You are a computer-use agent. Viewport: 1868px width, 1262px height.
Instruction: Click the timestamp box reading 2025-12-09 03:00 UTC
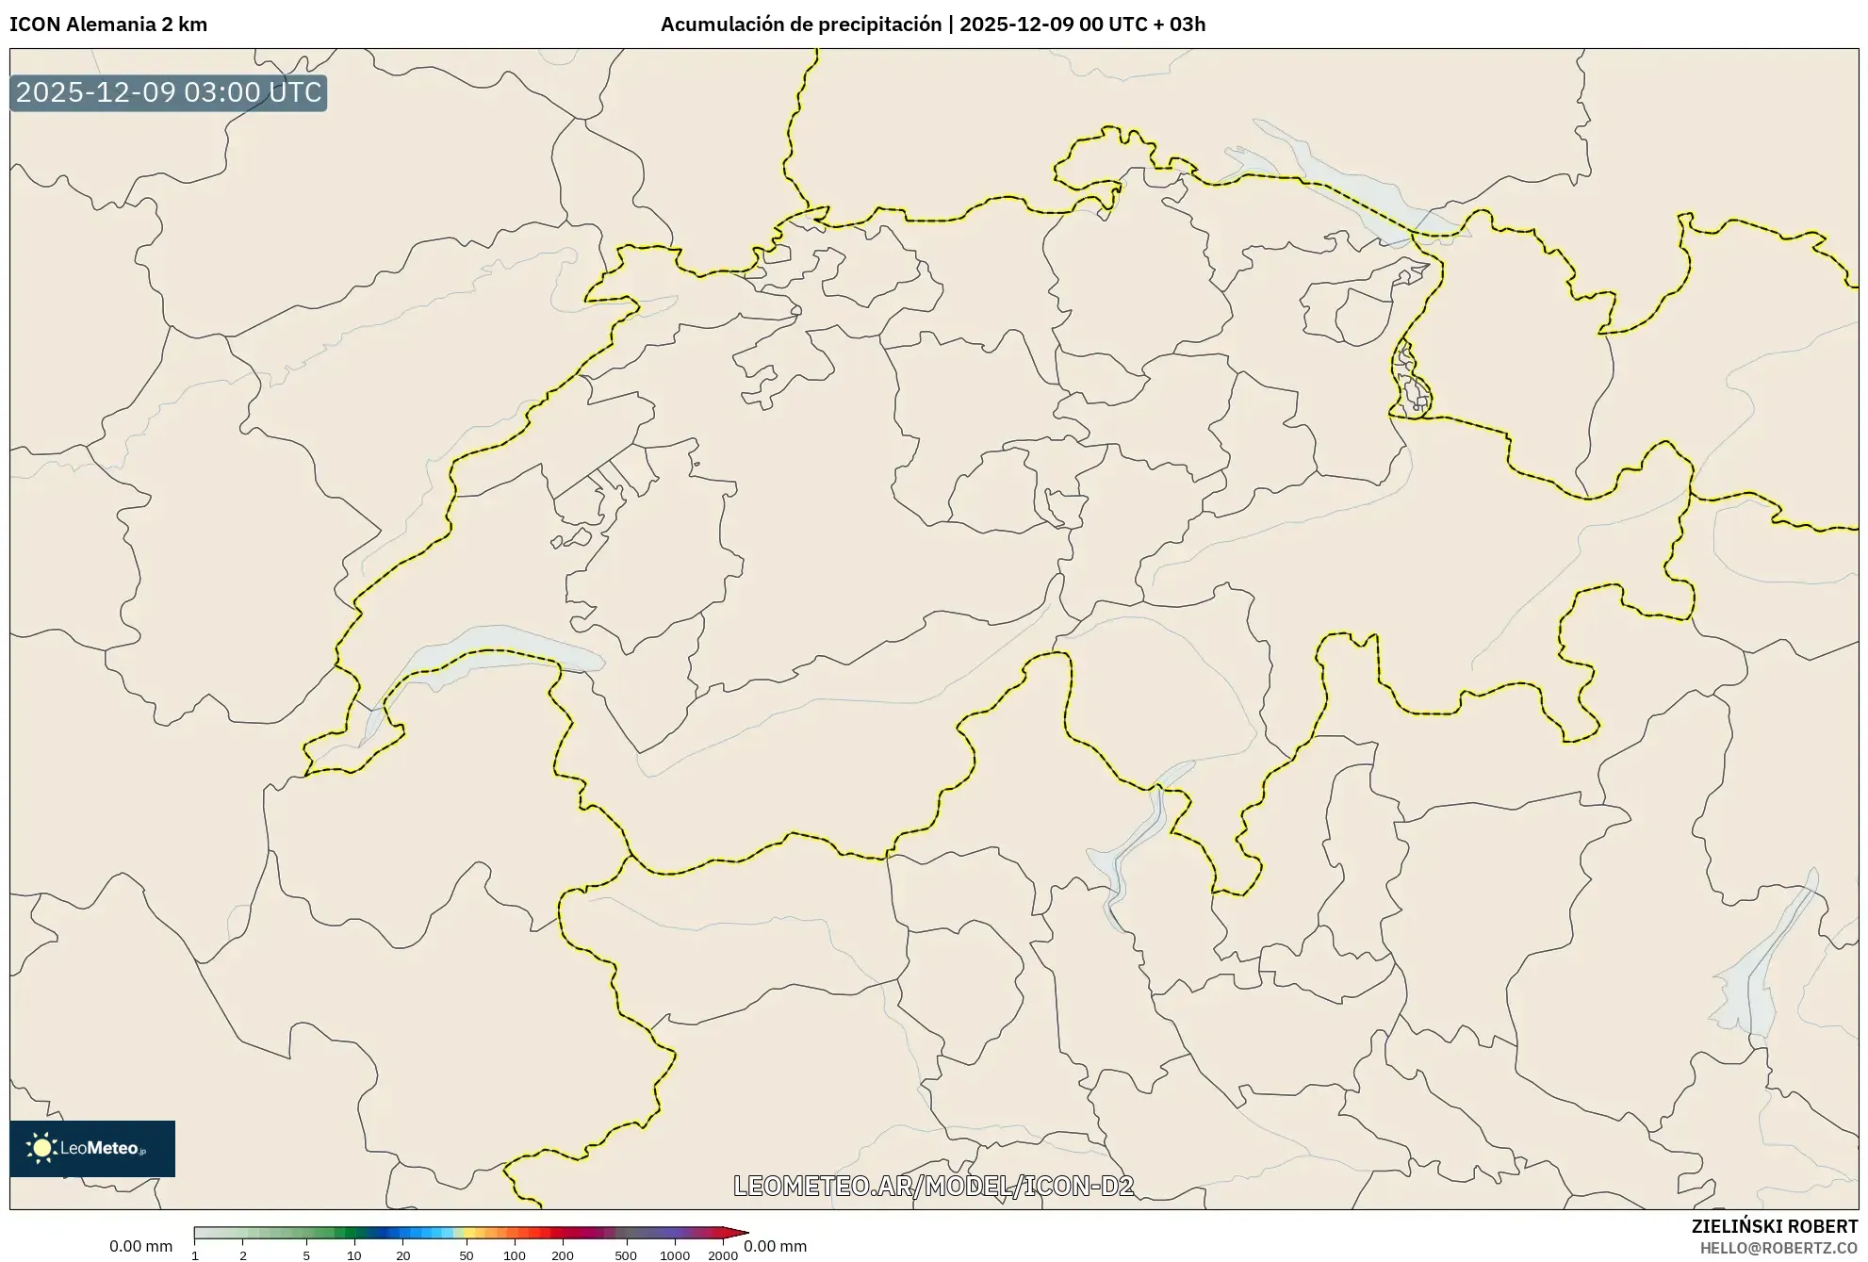(x=169, y=93)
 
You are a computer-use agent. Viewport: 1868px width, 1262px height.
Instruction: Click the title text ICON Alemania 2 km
(x=108, y=25)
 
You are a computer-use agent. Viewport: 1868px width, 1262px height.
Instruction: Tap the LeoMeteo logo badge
(x=92, y=1148)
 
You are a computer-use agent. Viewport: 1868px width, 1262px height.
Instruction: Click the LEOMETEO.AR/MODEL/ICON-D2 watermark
(x=933, y=1186)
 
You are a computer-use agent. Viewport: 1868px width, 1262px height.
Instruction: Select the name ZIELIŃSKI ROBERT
(x=1775, y=1226)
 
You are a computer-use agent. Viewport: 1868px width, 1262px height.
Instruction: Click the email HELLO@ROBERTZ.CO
(x=1778, y=1248)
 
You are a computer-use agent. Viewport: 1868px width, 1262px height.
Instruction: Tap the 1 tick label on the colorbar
(x=195, y=1255)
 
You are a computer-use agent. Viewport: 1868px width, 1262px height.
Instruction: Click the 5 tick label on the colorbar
(x=306, y=1255)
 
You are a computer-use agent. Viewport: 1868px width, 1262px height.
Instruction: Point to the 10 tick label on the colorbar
(x=354, y=1255)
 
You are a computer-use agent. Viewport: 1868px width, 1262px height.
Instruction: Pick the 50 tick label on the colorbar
(x=466, y=1255)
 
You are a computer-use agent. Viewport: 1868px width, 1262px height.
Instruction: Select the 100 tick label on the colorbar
(x=515, y=1255)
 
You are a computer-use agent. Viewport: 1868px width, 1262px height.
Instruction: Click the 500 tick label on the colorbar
(x=626, y=1255)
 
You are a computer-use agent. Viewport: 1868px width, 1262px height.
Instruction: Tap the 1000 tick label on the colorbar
(x=675, y=1255)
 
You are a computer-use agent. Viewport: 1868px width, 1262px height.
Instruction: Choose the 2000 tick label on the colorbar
(x=723, y=1255)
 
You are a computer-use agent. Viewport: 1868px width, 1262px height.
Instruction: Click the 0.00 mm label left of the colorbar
(x=140, y=1246)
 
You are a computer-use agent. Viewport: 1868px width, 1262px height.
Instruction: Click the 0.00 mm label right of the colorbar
(x=775, y=1246)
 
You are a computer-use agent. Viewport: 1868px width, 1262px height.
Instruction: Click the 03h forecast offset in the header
(x=1188, y=25)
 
